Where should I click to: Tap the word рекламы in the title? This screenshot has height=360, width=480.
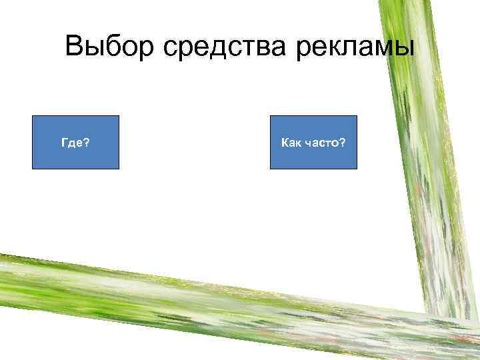[x=361, y=47]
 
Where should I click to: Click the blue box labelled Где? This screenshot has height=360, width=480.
[x=75, y=142]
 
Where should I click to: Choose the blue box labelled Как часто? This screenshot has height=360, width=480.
[x=313, y=142]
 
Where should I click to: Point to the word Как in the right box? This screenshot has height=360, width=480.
[x=291, y=142]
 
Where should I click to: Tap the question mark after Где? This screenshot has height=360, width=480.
[x=89, y=142]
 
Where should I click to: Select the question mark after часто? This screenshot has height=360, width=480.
[x=342, y=142]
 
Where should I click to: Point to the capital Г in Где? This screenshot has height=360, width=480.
[x=63, y=142]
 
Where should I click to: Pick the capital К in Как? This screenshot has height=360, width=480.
[x=285, y=142]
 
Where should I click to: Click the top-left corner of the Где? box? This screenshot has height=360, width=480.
[x=33, y=116]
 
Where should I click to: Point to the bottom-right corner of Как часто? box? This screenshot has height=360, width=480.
[x=357, y=168]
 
